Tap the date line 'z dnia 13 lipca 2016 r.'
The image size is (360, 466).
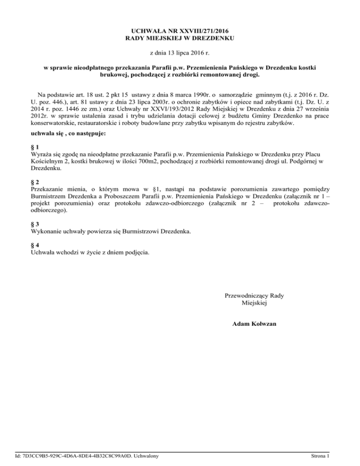point(180,54)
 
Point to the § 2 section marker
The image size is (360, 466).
point(33,181)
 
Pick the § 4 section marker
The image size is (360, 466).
point(33,245)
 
